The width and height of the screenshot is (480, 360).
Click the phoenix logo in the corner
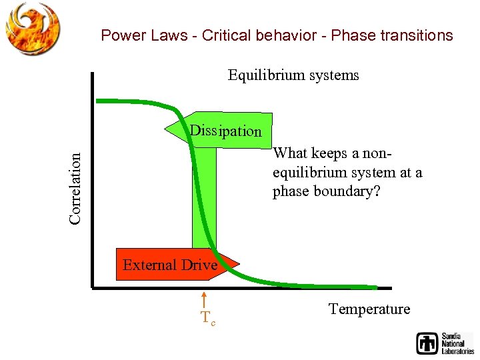pos(33,28)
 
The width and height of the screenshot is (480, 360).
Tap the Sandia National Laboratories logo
pos(445,343)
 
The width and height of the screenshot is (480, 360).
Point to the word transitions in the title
pos(416,36)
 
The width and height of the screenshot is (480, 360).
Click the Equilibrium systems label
pos(293,75)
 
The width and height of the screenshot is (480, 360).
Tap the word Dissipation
pos(225,131)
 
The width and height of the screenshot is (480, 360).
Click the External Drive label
pos(170,265)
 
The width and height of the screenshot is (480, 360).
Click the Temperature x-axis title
pos(369,309)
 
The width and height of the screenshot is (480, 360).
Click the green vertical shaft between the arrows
pos(204,200)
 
